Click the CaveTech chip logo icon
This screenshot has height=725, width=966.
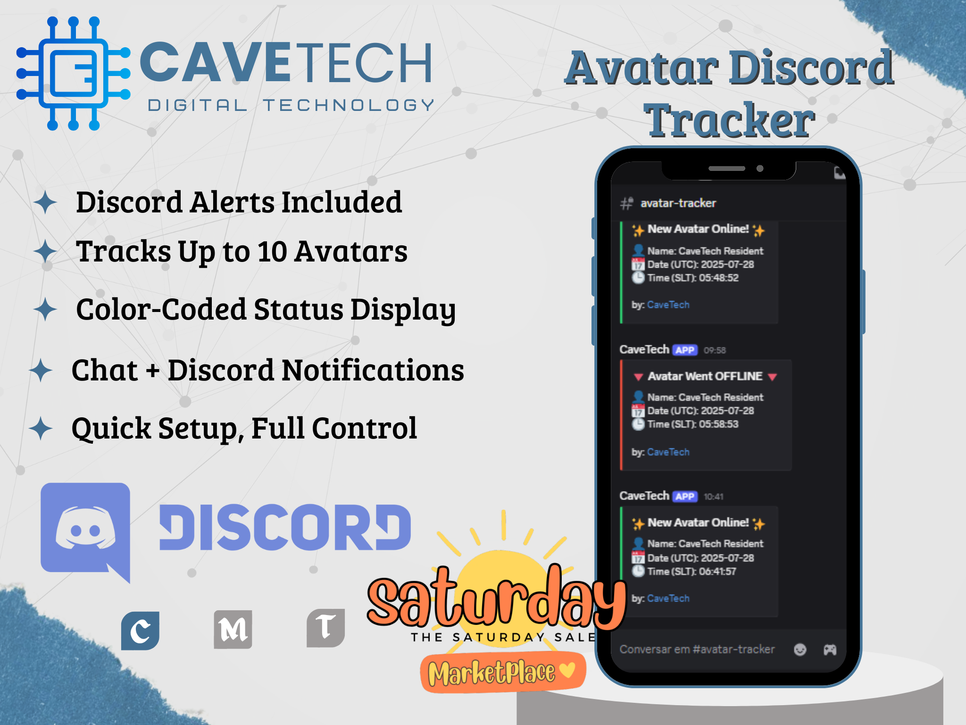click(x=73, y=73)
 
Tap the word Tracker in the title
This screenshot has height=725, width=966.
click(x=729, y=120)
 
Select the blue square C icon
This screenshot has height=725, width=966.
click(x=140, y=631)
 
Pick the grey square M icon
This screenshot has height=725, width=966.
click(x=233, y=629)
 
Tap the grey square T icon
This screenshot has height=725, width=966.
click(x=325, y=628)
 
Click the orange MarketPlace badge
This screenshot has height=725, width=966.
click(x=503, y=672)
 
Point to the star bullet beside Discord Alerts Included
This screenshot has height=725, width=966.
click(x=45, y=202)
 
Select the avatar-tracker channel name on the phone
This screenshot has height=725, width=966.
click(x=678, y=203)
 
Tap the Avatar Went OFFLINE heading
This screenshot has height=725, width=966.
click(x=705, y=376)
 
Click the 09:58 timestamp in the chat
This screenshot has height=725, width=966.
click(x=715, y=350)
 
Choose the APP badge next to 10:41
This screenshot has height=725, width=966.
click(x=685, y=497)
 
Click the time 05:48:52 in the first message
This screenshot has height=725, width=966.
click(x=719, y=278)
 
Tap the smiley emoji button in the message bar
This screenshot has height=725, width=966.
click(x=800, y=650)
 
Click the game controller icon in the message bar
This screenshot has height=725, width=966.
click(x=830, y=650)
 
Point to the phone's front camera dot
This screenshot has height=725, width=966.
click(x=760, y=169)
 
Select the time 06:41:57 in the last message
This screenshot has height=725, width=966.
click(x=717, y=572)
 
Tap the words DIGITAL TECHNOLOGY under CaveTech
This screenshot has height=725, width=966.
click(x=291, y=105)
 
